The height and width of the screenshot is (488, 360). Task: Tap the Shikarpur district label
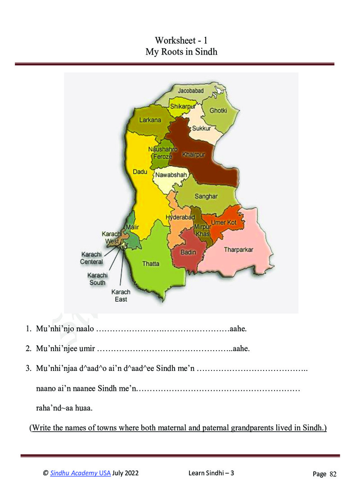point(183,106)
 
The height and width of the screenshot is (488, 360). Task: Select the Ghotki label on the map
point(218,110)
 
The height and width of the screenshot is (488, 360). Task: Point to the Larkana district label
point(150,120)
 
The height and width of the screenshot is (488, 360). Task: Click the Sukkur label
point(201,128)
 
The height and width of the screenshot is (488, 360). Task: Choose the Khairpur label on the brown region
point(193,155)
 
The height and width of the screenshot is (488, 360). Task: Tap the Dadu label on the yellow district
point(140,172)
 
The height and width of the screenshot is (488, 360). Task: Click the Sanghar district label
point(206,196)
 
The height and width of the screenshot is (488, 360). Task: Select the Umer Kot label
point(224,222)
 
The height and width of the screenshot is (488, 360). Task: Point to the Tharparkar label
point(238,249)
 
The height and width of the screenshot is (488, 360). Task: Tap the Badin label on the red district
point(188,252)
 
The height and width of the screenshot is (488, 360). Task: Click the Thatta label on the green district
point(151,264)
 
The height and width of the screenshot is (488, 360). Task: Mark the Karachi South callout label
point(97,279)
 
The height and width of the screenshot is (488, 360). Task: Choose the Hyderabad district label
point(180,217)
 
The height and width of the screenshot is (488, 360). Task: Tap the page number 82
point(333,474)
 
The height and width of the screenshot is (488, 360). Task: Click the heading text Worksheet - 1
point(181,41)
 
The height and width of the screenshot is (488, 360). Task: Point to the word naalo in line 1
point(85,329)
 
